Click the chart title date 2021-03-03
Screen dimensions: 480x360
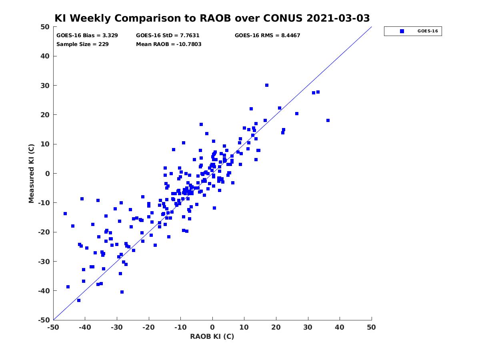338,18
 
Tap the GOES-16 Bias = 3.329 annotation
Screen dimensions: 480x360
87,36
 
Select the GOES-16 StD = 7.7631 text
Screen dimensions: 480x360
168,36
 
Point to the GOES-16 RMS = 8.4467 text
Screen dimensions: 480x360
267,36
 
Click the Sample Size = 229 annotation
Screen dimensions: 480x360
82,44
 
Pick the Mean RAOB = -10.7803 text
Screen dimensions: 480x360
169,44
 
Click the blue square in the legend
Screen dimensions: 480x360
402,31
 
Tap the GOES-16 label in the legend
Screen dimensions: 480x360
428,31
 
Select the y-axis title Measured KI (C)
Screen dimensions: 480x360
31,173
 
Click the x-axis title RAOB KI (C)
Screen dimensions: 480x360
212,336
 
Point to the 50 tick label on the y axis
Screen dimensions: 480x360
45,27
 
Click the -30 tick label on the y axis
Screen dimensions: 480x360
44,262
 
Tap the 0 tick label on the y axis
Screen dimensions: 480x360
48,174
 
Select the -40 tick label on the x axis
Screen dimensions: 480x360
85,327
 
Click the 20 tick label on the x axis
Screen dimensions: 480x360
276,327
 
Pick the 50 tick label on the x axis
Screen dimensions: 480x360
371,327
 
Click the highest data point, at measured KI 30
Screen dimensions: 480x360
266,85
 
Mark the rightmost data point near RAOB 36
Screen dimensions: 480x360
328,120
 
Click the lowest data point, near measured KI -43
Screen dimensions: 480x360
79,300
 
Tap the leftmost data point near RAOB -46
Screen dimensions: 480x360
65,214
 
